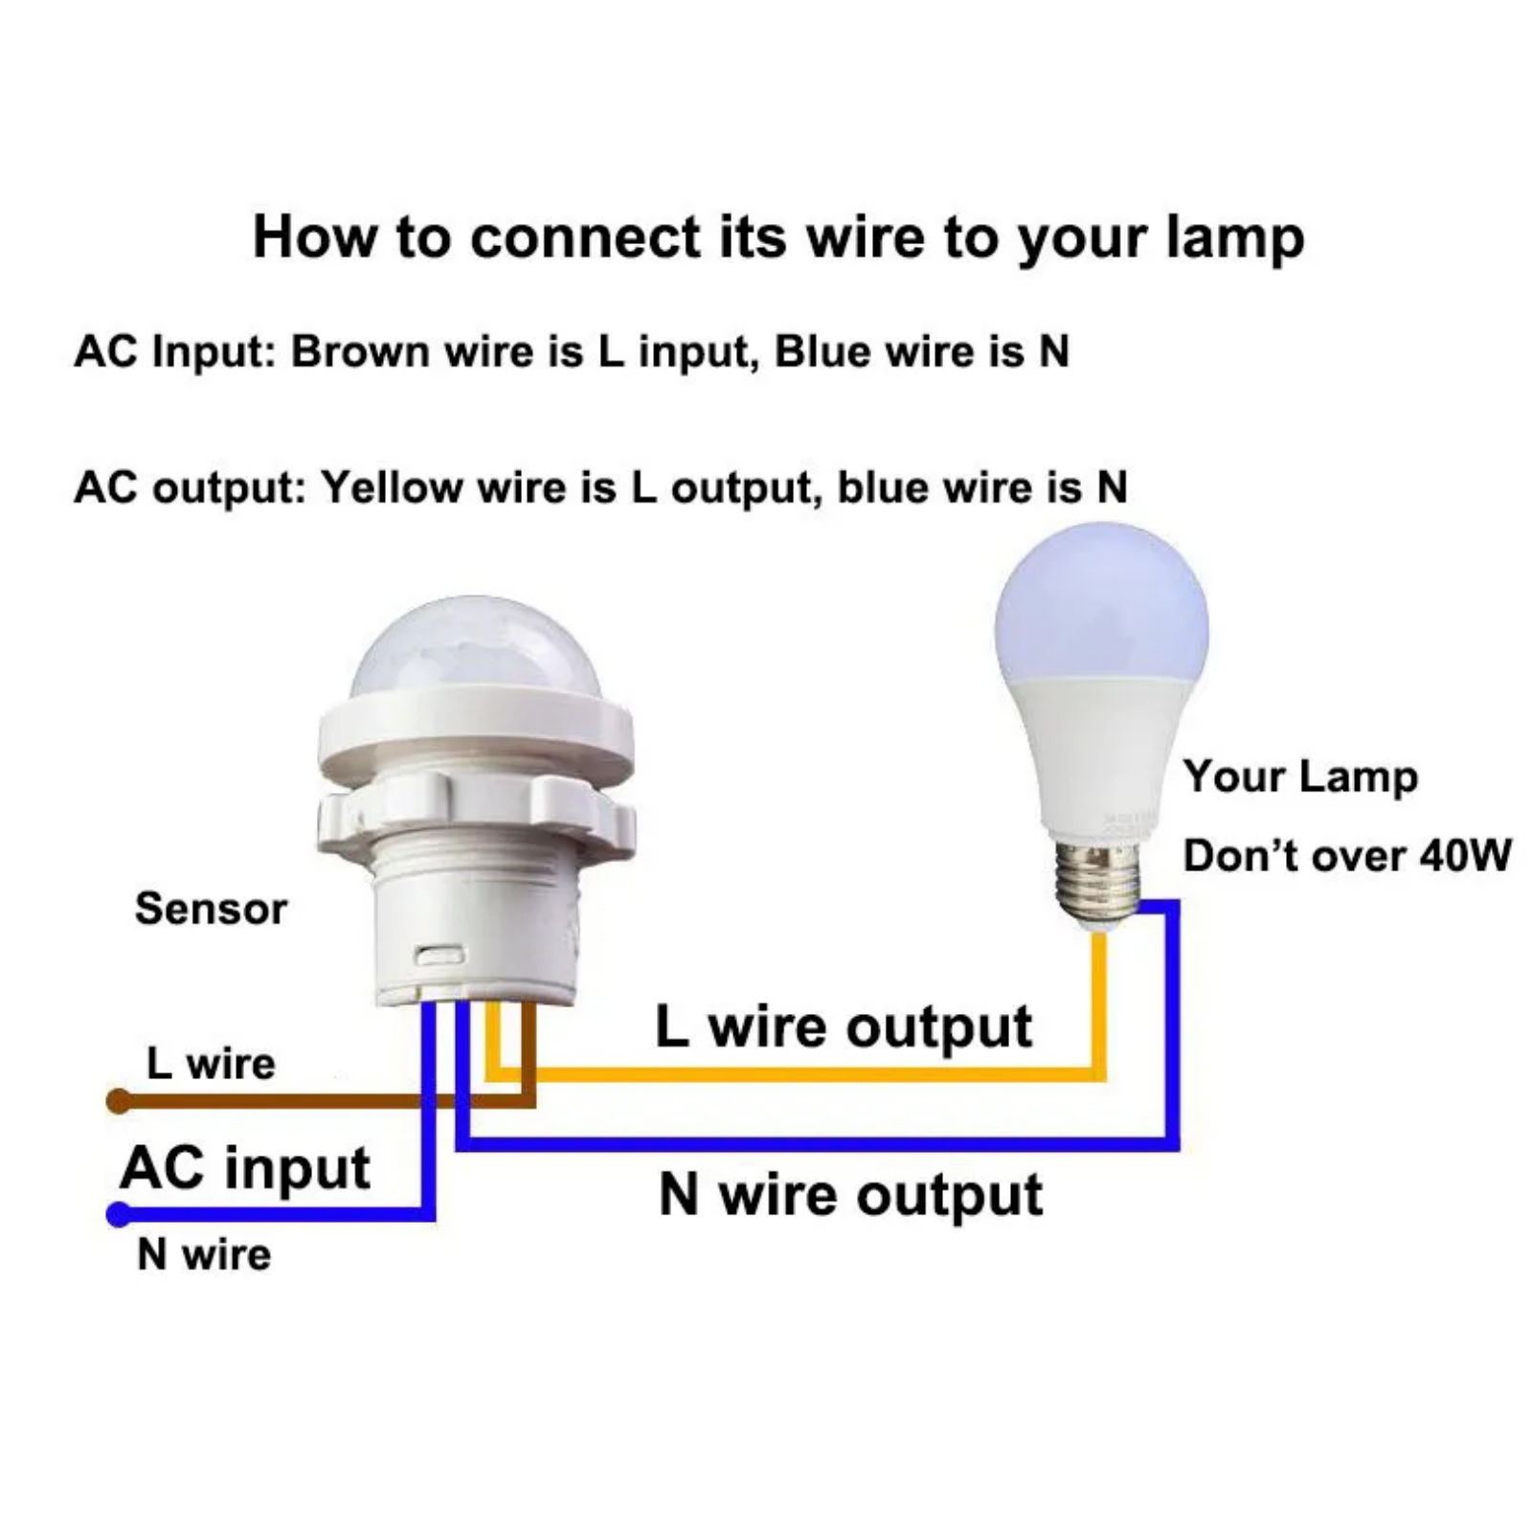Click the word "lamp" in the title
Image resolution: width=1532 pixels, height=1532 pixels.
pyautogui.click(x=1234, y=237)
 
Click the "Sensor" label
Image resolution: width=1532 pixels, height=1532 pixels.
pyautogui.click(x=211, y=909)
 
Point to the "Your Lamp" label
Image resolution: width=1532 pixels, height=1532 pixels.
pyautogui.click(x=1300, y=777)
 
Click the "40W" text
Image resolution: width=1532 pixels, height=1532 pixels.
pyautogui.click(x=1465, y=855)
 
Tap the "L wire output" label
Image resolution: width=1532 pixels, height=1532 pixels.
pyautogui.click(x=844, y=1027)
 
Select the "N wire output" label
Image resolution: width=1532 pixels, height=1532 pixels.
pyautogui.click(x=850, y=1195)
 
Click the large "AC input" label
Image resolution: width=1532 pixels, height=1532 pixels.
pyautogui.click(x=245, y=1168)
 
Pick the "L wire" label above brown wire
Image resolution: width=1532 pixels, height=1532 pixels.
pyautogui.click(x=211, y=1064)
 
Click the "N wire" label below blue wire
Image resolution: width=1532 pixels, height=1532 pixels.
pyautogui.click(x=204, y=1254)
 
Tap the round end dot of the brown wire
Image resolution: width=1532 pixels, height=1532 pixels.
pyautogui.click(x=118, y=1101)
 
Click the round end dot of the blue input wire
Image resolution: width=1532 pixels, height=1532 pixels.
pyautogui.click(x=119, y=1215)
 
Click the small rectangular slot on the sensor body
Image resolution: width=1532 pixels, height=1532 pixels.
pyautogui.click(x=439, y=955)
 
